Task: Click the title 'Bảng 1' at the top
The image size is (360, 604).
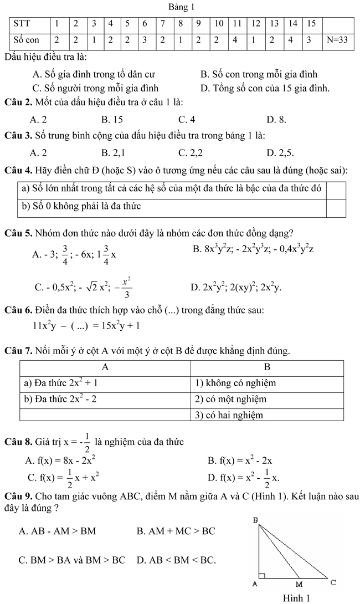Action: coord(179,7)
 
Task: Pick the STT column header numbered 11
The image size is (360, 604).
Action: coord(236,24)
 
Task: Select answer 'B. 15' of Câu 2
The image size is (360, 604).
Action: coord(112,119)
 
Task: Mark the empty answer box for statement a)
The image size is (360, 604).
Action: coord(336,189)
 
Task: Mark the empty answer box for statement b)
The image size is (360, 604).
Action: coord(336,207)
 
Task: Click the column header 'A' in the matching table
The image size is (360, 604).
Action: coord(105,367)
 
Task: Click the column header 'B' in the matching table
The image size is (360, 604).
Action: coord(267,367)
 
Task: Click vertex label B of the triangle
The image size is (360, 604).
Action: coord(256,520)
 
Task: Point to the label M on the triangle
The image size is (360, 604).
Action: coord(299,584)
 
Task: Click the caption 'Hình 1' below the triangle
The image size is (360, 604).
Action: coord(296,598)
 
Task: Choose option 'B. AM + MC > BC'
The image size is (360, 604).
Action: coord(176,531)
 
